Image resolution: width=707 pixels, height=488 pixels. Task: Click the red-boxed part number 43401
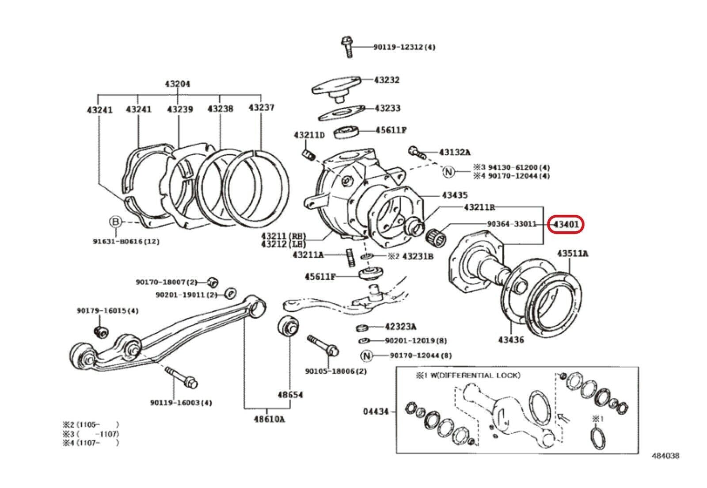pyautogui.click(x=566, y=225)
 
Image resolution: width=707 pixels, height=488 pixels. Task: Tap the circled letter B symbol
pyautogui.click(x=115, y=221)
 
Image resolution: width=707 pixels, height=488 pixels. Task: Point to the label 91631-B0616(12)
pyautogui.click(x=126, y=241)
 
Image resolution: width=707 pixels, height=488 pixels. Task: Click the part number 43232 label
pyautogui.click(x=387, y=80)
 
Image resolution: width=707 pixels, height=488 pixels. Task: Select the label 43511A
pyautogui.click(x=573, y=254)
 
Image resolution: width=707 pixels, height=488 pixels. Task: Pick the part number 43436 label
pyautogui.click(x=511, y=340)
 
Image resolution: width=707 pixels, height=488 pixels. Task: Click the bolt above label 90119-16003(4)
pyautogui.click(x=182, y=377)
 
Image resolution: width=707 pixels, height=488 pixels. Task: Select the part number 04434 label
pyautogui.click(x=376, y=412)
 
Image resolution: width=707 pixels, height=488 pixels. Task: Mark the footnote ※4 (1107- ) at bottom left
pyautogui.click(x=91, y=442)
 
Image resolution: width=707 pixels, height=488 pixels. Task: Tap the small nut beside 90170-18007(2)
pyautogui.click(x=213, y=282)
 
